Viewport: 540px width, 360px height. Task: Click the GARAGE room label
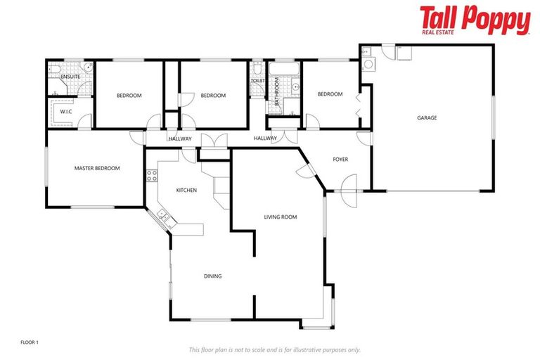pyautogui.click(x=427, y=118)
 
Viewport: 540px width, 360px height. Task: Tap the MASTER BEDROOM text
pyautogui.click(x=97, y=168)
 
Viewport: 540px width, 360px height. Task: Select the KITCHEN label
pyautogui.click(x=186, y=191)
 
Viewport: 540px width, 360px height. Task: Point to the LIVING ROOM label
pyautogui.click(x=281, y=217)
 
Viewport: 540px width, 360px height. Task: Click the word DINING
pyautogui.click(x=212, y=276)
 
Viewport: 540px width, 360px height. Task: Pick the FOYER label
pyautogui.click(x=340, y=160)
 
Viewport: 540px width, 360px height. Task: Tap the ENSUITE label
pyautogui.click(x=70, y=76)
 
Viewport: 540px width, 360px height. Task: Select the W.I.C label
pyautogui.click(x=66, y=111)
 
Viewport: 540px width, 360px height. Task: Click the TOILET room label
pyautogui.click(x=257, y=82)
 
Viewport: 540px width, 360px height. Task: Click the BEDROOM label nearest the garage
pyautogui.click(x=330, y=94)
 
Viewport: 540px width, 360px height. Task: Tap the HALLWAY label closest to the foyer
pyautogui.click(x=265, y=139)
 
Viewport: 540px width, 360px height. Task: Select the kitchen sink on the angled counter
pyautogui.click(x=165, y=217)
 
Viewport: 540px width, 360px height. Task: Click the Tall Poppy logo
pyautogui.click(x=475, y=20)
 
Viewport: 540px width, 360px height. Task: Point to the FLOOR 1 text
pyautogui.click(x=30, y=342)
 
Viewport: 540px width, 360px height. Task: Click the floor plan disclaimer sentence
pyautogui.click(x=274, y=349)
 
